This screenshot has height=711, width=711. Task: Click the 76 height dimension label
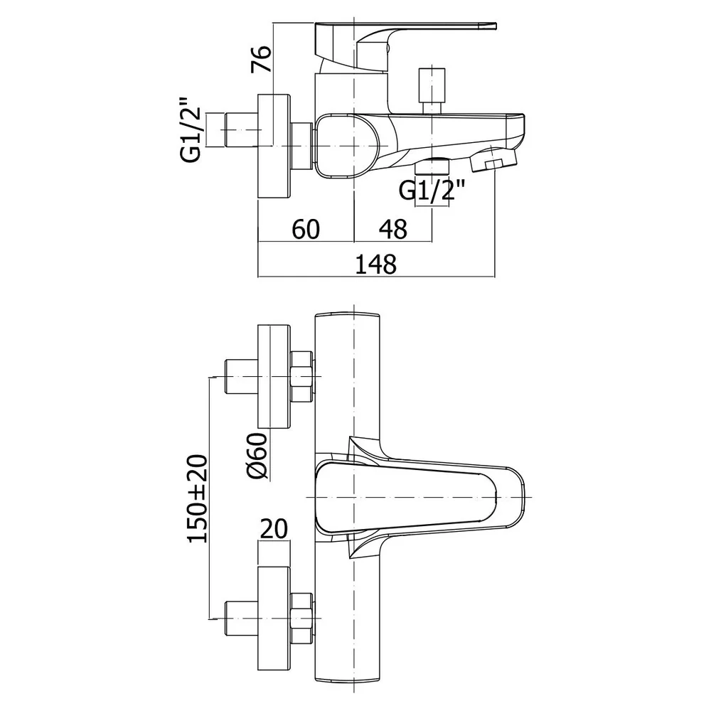click(x=262, y=58)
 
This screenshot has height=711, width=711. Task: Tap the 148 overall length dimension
click(x=375, y=264)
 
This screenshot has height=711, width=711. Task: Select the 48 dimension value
click(x=392, y=229)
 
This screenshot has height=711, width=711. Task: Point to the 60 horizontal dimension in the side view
click(x=306, y=229)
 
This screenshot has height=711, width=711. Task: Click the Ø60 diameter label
click(x=257, y=456)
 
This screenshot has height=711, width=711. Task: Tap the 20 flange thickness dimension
click(x=273, y=529)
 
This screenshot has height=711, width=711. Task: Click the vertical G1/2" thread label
click(x=191, y=129)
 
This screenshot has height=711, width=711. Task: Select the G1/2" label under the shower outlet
click(x=432, y=191)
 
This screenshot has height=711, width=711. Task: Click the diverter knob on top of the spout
click(x=431, y=91)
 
